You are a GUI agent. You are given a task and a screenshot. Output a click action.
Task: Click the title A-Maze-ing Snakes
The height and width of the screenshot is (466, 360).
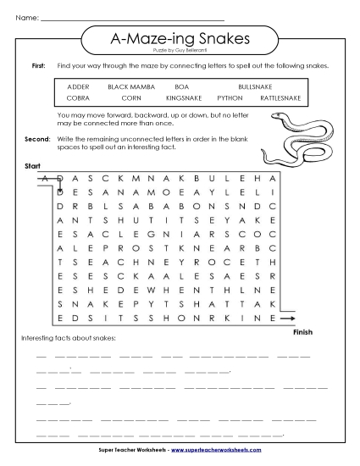179,40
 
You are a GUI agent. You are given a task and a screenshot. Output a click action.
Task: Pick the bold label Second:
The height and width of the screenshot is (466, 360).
37,137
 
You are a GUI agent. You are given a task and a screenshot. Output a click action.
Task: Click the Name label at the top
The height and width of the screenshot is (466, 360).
27,17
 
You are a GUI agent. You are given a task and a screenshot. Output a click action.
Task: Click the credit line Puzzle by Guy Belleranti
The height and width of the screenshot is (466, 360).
179,52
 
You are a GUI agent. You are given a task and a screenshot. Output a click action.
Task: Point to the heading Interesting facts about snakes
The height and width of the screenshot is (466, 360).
68,339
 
